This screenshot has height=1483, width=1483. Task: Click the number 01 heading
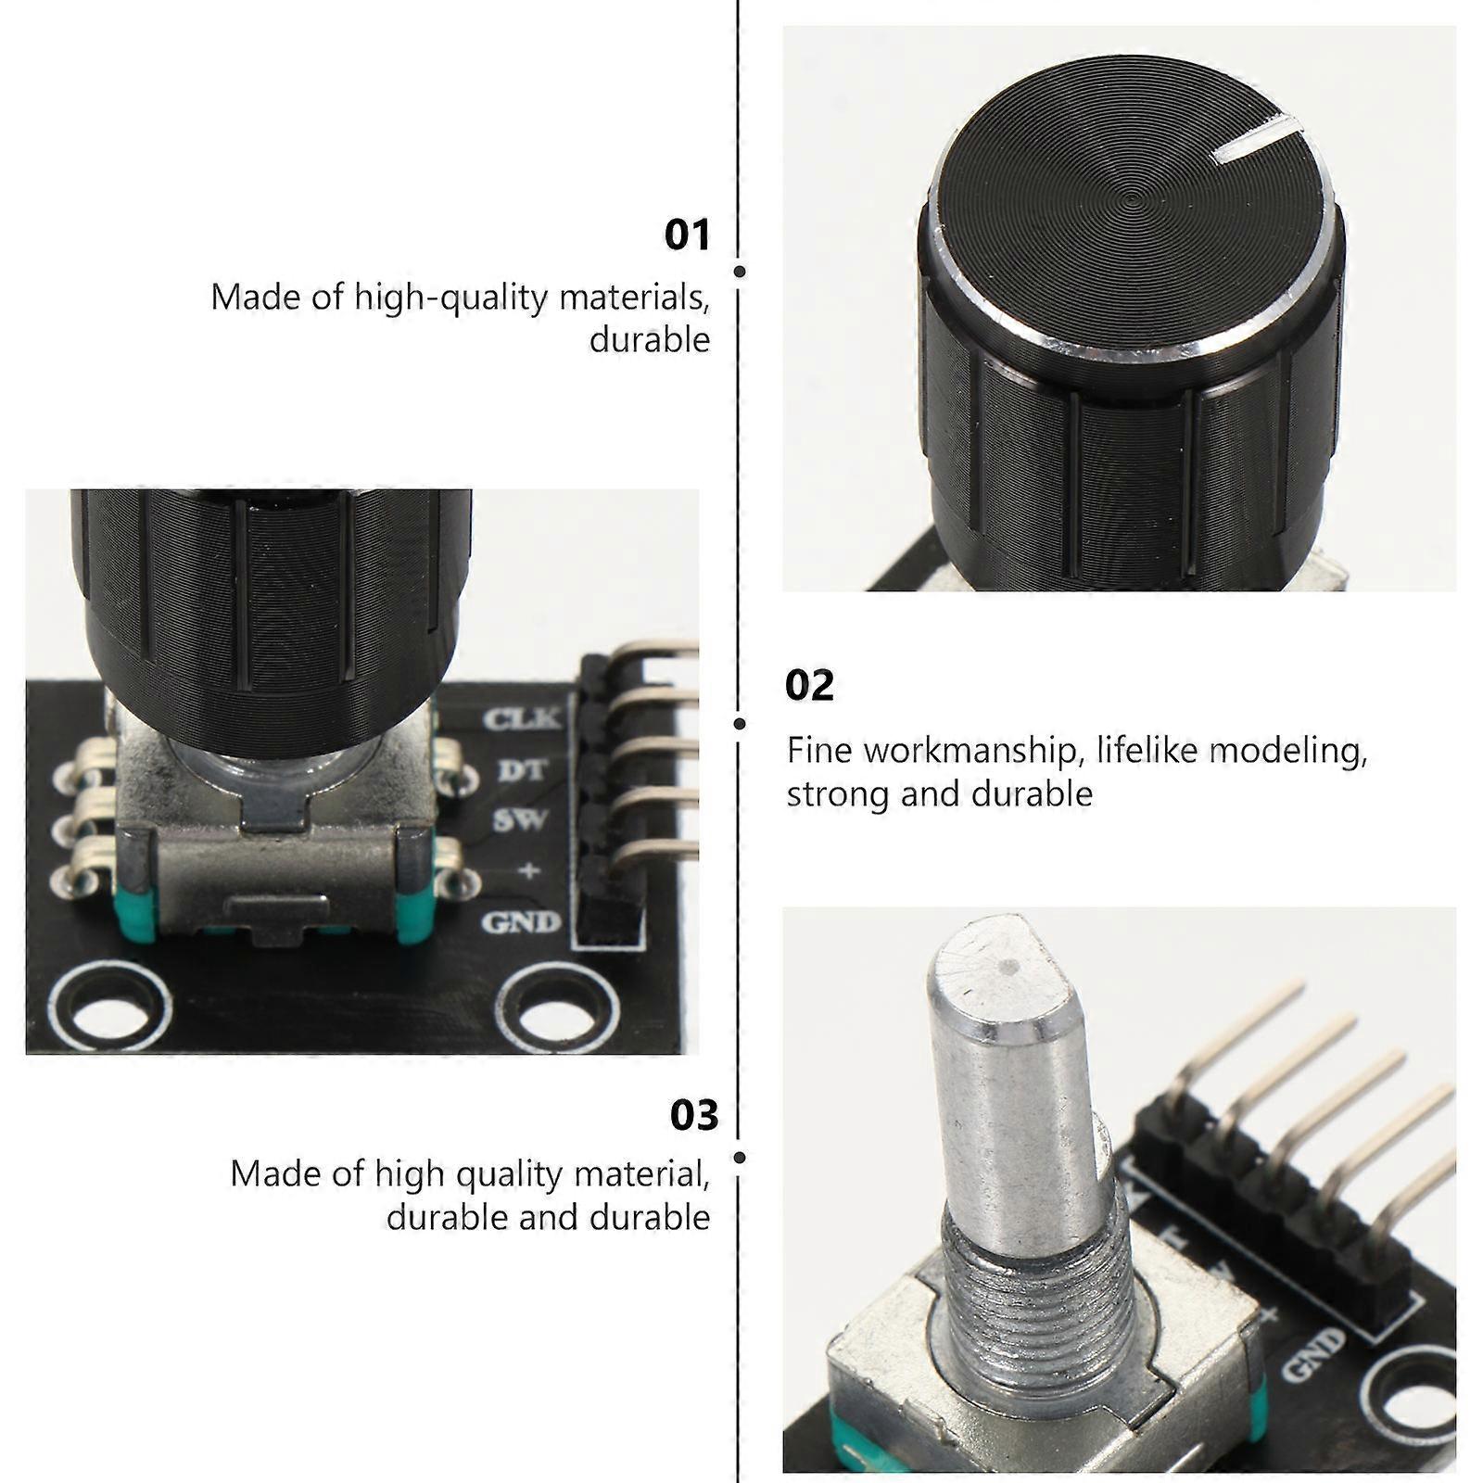coord(687,234)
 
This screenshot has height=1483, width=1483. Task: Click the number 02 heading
coord(809,686)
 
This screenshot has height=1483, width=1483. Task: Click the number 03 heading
coord(694,1115)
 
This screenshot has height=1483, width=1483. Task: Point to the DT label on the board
coord(523,770)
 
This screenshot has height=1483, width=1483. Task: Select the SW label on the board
coord(520,820)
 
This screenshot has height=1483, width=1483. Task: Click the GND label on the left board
coord(521,922)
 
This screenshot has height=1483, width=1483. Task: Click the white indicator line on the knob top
coord(1256,137)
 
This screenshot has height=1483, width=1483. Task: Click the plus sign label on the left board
coord(529,870)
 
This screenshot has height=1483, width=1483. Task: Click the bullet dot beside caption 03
coord(740,1158)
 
